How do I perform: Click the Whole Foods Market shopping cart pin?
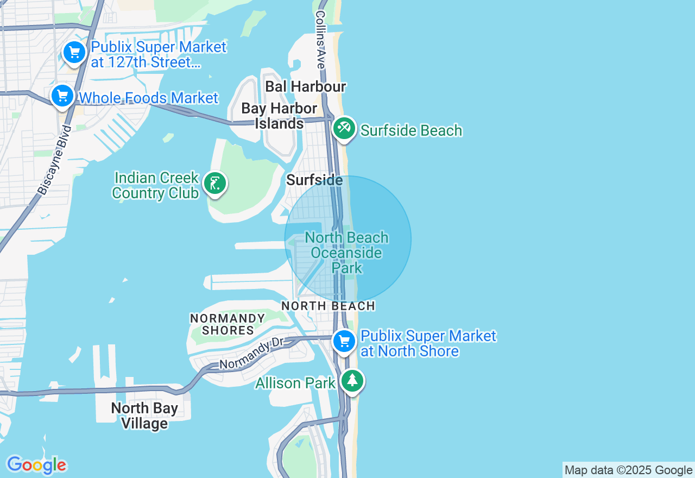tap(62, 97)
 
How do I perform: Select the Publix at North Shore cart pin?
tap(344, 342)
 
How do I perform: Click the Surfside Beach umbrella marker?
tap(344, 129)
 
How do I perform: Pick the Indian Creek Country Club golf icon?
tap(215, 184)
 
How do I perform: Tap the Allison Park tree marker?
tap(352, 381)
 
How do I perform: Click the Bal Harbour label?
tap(306, 86)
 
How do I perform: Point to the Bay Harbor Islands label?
tap(280, 116)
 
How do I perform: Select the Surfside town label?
tap(314, 180)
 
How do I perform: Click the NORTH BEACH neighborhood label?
tap(328, 306)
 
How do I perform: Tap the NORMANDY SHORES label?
tap(228, 324)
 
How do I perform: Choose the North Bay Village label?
tap(144, 416)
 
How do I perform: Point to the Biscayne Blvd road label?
tap(55, 160)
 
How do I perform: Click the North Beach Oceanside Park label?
tap(347, 253)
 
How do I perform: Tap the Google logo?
tap(36, 466)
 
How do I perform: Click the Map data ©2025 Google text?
tap(628, 470)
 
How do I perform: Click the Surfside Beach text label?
tap(411, 130)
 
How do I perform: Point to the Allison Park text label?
tap(295, 383)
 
